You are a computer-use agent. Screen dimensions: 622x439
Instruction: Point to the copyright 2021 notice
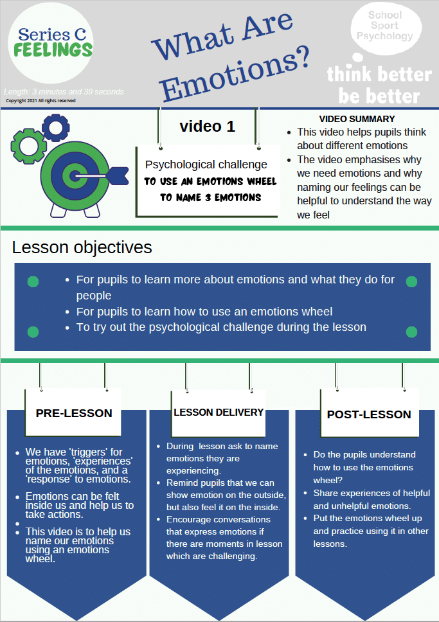pos(40,101)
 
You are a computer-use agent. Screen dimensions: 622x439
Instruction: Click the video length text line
pos(64,92)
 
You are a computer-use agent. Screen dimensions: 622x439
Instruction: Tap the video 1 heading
pos(207,127)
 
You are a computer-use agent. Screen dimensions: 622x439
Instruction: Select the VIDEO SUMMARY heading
pos(357,119)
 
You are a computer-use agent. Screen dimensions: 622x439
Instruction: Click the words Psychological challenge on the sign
pos(206,164)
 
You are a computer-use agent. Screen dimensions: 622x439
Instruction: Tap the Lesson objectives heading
pos(82,247)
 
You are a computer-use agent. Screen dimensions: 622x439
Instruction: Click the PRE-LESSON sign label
pos(74,413)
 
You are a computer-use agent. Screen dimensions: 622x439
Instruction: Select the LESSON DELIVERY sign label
pos(219,412)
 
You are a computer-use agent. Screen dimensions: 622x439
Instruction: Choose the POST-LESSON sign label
pos(369,414)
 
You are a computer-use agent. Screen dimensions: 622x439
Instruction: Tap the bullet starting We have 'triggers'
pos(78,465)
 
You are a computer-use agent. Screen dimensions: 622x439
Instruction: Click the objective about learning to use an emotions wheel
pos(204,312)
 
